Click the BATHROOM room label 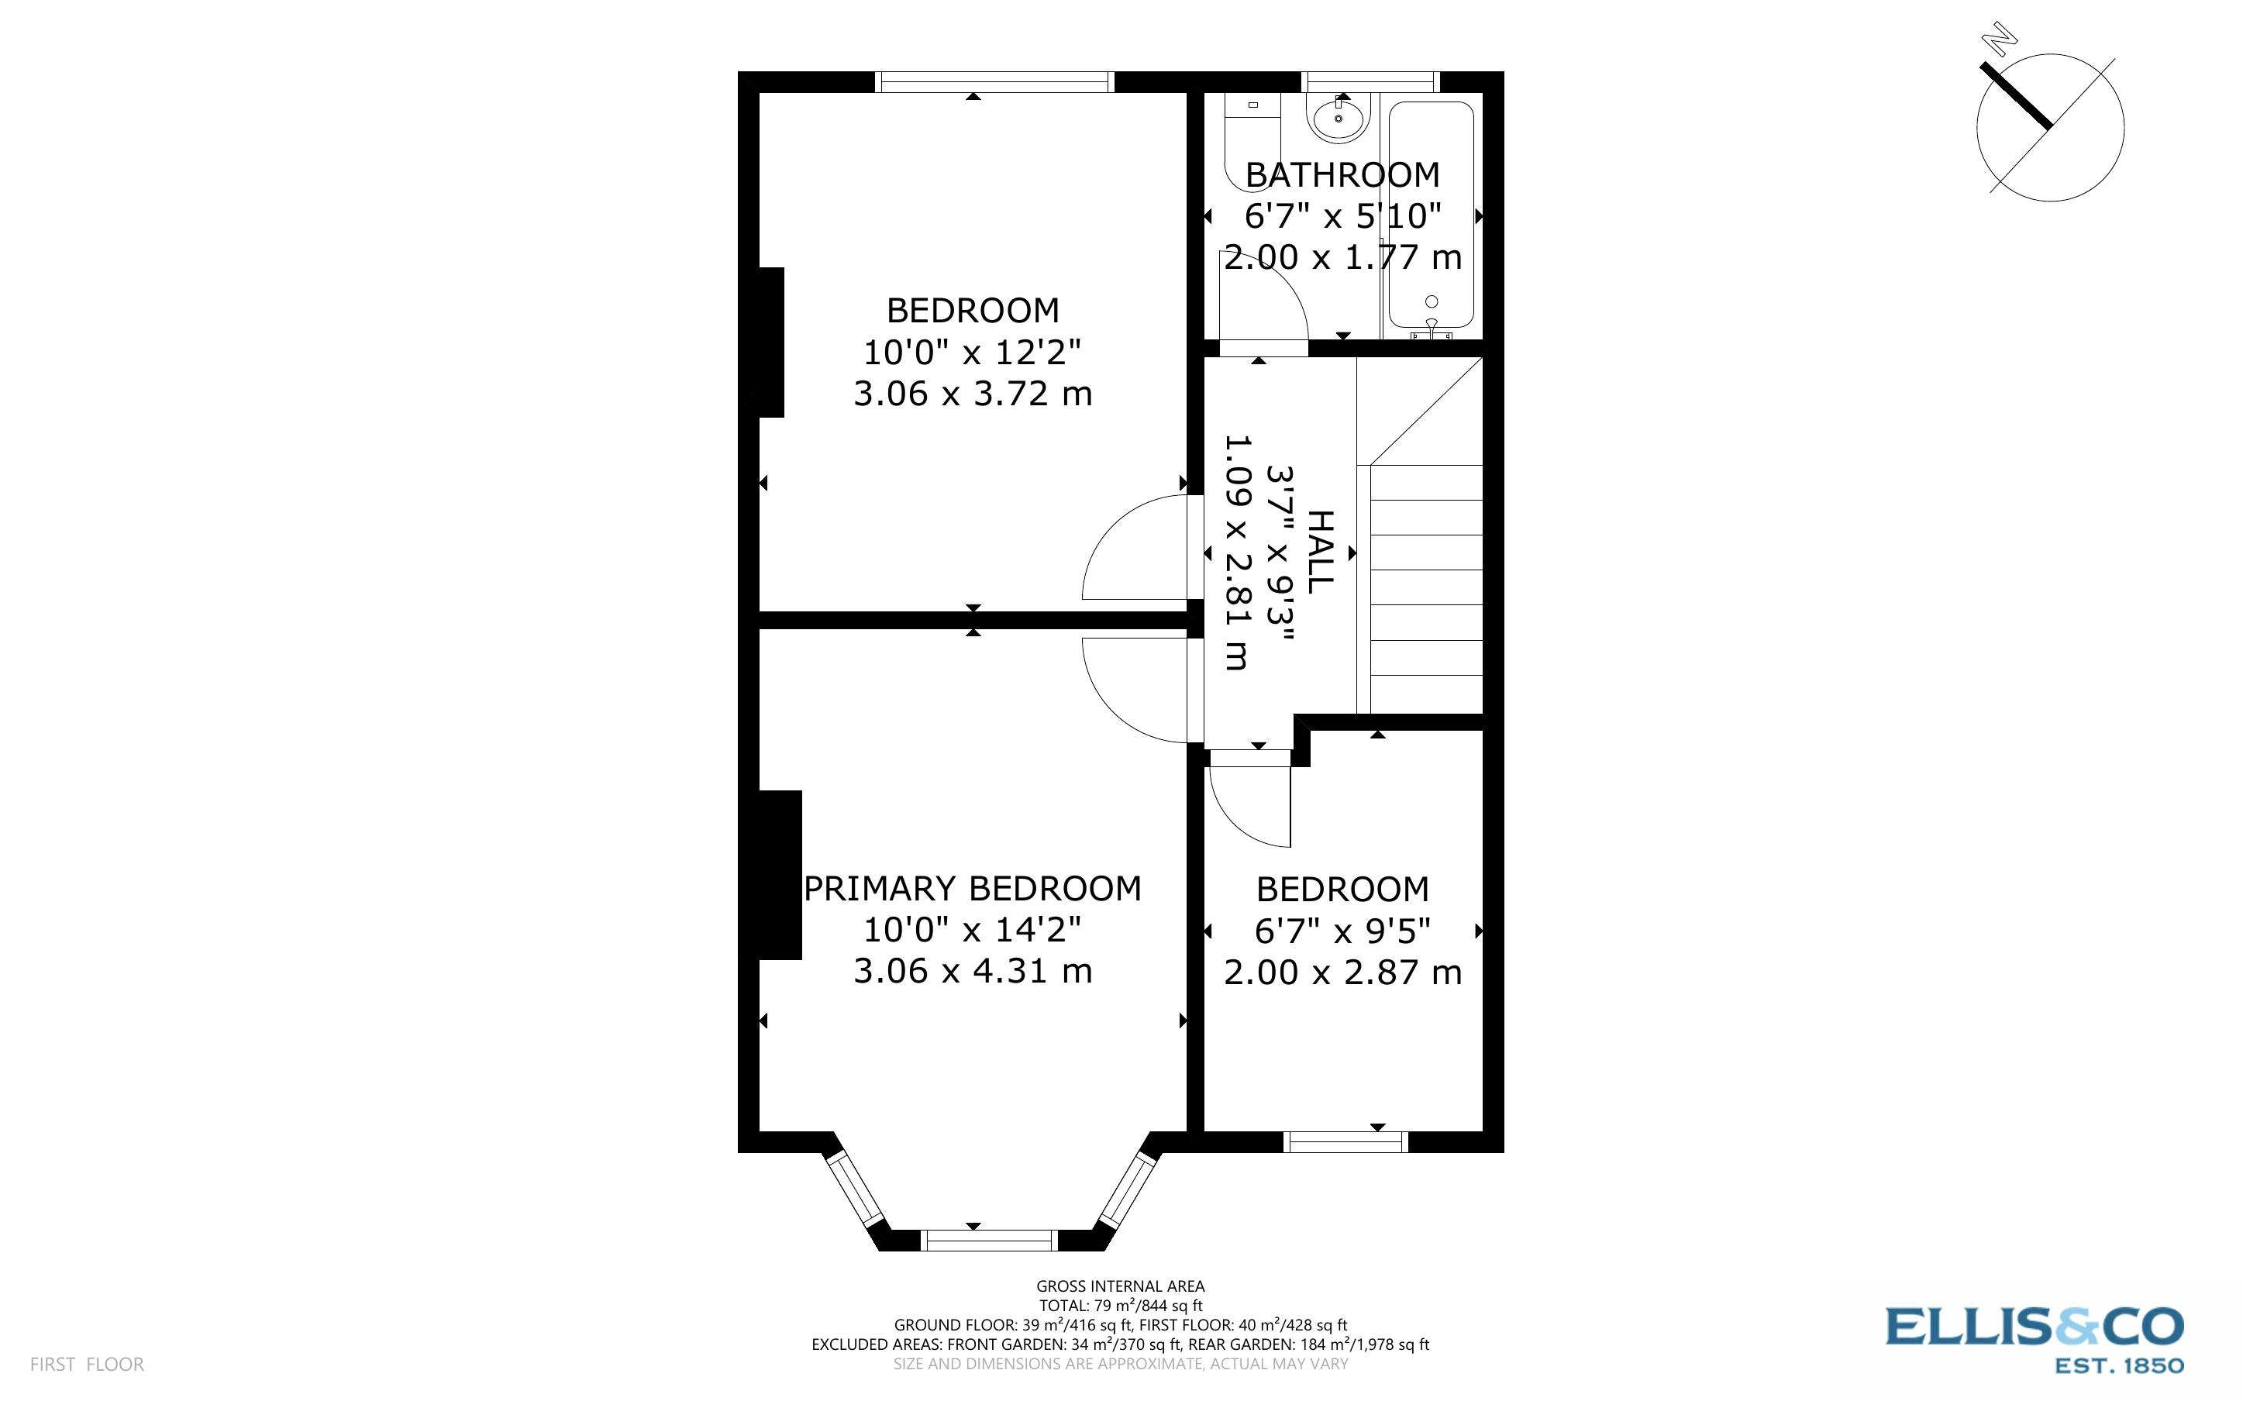[1342, 175]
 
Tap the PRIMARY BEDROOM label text [972, 889]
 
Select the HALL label [1318, 552]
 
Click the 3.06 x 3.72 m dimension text [973, 394]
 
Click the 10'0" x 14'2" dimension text [973, 929]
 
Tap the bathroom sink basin [1339, 119]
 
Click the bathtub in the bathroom [1432, 213]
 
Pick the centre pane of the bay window [991, 1240]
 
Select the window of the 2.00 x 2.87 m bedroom [1345, 1141]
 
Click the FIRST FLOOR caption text [87, 1364]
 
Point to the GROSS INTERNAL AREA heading [1120, 1286]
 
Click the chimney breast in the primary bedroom [779, 875]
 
